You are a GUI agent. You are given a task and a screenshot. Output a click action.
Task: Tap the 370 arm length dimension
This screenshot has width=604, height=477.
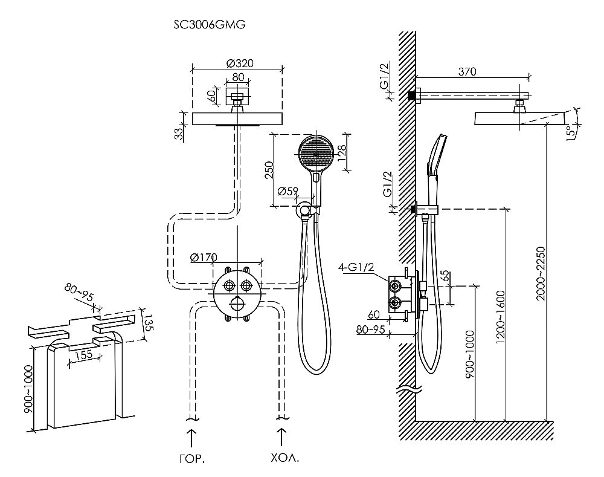[x=467, y=71]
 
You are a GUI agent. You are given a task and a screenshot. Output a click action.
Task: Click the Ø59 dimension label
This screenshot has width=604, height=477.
[x=288, y=192]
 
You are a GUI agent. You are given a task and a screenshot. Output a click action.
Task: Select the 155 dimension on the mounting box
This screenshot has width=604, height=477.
[x=84, y=355]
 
